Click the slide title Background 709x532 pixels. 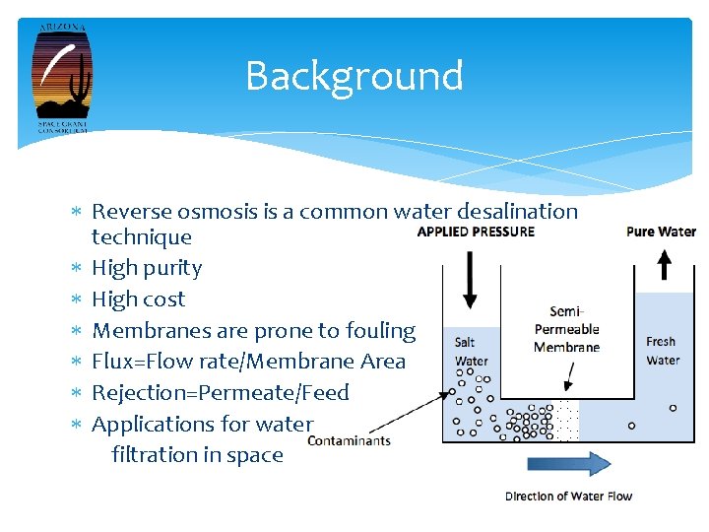coord(354,76)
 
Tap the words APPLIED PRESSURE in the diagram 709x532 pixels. coord(476,232)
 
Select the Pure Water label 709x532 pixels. coord(661,232)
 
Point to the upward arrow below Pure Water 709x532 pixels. coord(664,264)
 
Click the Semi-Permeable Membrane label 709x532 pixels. coord(566,329)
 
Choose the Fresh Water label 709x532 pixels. coord(662,351)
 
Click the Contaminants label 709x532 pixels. coord(349,440)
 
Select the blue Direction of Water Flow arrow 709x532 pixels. coord(569,465)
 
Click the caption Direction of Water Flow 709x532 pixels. coord(568,496)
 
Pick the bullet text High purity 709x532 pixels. coord(147,268)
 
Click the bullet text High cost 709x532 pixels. coord(138,299)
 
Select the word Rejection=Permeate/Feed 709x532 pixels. coord(221,393)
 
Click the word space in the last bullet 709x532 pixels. coord(257,455)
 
